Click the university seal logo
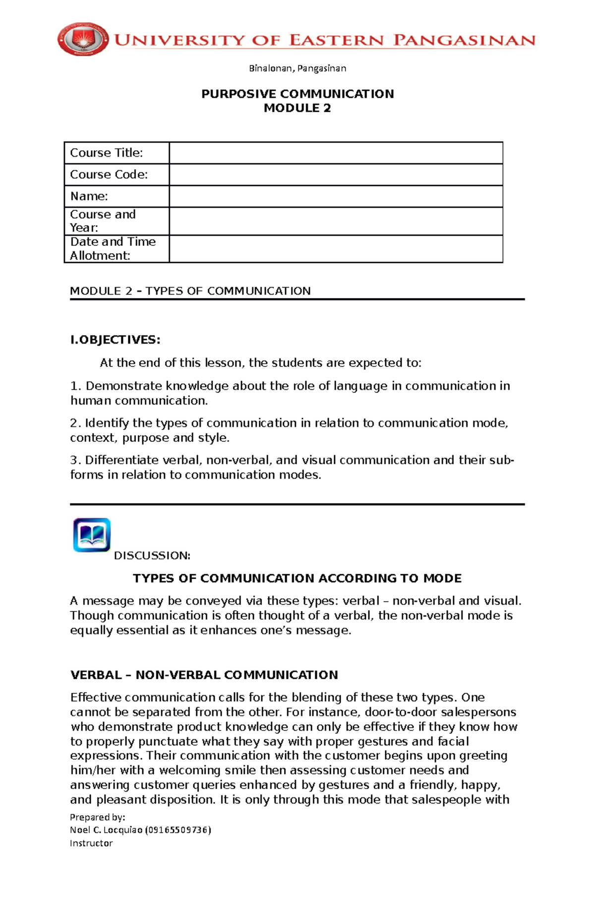click(x=83, y=39)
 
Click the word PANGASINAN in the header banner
click(x=464, y=40)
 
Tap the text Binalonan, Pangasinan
click(x=297, y=68)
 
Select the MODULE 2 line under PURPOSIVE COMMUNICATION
click(x=297, y=108)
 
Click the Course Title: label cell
click(x=107, y=153)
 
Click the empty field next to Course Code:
click(x=336, y=175)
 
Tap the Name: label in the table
click(x=89, y=196)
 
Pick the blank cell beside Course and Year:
click(x=336, y=221)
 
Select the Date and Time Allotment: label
click(x=113, y=248)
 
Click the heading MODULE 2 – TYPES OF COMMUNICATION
click(x=190, y=291)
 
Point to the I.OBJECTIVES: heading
click(x=115, y=340)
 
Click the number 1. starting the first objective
click(x=75, y=386)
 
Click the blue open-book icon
click(x=92, y=535)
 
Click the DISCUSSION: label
click(x=152, y=555)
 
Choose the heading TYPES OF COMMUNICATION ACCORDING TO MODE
click(x=297, y=578)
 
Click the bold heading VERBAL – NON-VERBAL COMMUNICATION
click(x=204, y=675)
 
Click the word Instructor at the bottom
click(x=91, y=844)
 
